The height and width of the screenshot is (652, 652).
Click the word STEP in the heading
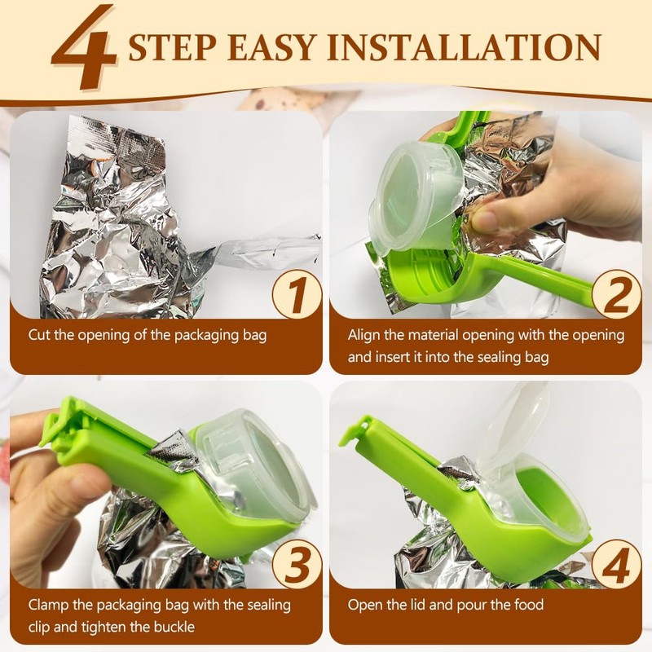[x=172, y=47]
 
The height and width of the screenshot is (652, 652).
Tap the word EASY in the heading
[x=272, y=47]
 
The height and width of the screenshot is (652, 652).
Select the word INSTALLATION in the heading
[x=465, y=47]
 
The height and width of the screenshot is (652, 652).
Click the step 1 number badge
[x=297, y=294]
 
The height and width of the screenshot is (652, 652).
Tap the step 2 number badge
[x=616, y=294]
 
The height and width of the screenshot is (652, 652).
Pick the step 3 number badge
[x=297, y=564]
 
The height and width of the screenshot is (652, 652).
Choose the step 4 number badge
[x=616, y=564]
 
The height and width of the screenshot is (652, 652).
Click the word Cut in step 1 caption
[x=39, y=335]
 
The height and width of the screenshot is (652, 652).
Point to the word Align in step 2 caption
[x=364, y=335]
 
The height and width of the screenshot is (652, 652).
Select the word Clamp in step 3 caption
[x=47, y=605]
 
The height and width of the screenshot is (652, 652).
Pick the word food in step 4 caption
[x=528, y=604]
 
